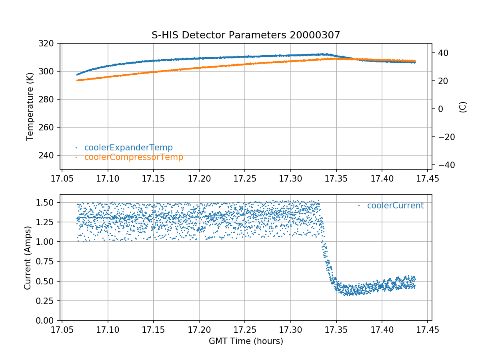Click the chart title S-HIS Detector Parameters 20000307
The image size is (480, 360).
pos(246,35)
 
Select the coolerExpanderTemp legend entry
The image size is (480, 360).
pos(128,148)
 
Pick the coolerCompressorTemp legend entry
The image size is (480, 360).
pos(133,157)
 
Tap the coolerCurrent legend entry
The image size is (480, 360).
pos(395,206)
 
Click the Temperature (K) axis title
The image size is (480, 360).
pos(30,106)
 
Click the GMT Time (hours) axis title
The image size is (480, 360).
pos(246,341)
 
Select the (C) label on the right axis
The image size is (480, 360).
pos(463,107)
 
